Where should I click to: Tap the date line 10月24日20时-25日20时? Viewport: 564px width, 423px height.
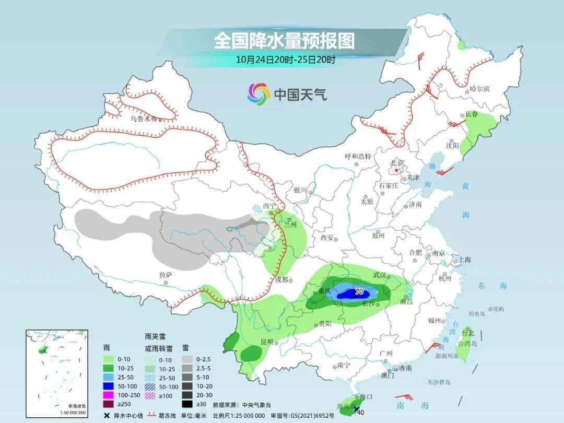pyautogui.click(x=285, y=59)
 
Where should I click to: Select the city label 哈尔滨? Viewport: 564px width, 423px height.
pyautogui.click(x=480, y=89)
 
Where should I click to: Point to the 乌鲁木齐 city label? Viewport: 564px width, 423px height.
pyautogui.click(x=143, y=119)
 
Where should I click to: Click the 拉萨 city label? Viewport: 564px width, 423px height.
pyautogui.click(x=166, y=275)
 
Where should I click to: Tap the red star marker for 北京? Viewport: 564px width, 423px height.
pyautogui.click(x=397, y=170)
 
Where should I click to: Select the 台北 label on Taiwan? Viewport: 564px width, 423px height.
pyautogui.click(x=468, y=332)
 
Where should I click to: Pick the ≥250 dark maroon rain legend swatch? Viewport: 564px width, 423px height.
pyautogui.click(x=108, y=404)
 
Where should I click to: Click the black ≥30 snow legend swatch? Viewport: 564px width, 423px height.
pyautogui.click(x=187, y=404)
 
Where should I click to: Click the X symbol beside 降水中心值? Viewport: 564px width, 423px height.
pyautogui.click(x=107, y=416)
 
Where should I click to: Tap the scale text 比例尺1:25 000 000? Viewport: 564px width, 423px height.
pyautogui.click(x=244, y=415)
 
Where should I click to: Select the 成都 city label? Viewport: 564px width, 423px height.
pyautogui.click(x=283, y=280)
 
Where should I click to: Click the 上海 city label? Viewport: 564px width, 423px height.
pyautogui.click(x=464, y=260)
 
